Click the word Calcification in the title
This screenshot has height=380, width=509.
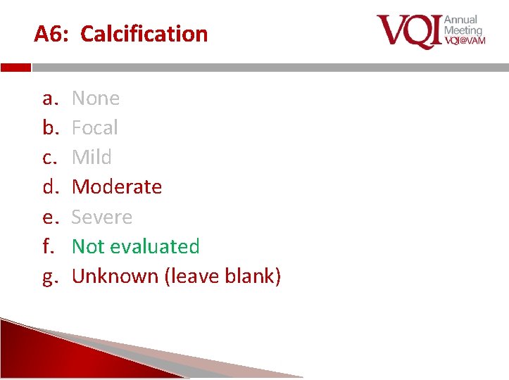(x=144, y=34)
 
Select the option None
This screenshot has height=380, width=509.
(x=96, y=98)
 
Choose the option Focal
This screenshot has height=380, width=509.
(x=95, y=127)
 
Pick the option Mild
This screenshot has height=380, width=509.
(x=92, y=157)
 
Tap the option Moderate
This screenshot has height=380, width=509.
(x=117, y=186)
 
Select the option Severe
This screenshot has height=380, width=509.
(x=102, y=217)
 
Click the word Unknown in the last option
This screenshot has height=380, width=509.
(x=115, y=276)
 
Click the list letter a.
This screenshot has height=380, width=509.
(x=49, y=99)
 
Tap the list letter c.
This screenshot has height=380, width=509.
(x=49, y=158)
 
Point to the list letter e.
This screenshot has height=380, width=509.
(x=49, y=217)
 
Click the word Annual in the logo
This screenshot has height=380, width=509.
(x=460, y=20)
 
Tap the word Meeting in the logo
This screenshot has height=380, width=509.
(x=463, y=30)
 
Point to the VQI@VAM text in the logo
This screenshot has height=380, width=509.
(x=465, y=41)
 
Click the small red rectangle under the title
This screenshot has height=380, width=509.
(x=15, y=68)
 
